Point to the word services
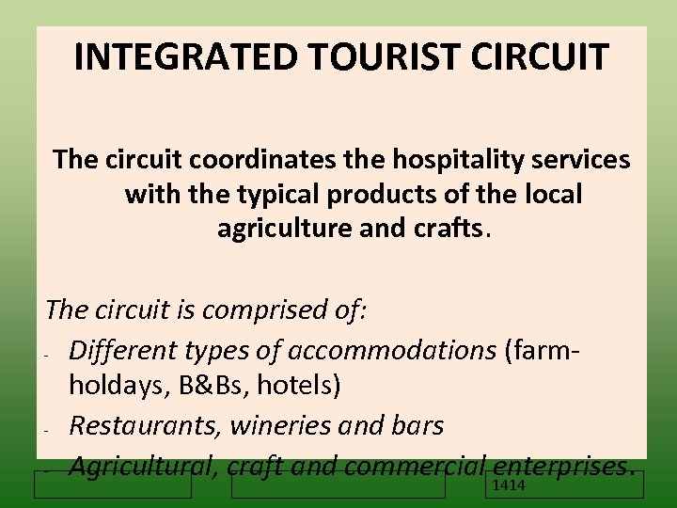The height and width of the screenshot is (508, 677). tap(579, 160)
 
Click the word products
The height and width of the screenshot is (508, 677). tap(376, 195)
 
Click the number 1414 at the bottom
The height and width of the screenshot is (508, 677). tap(509, 485)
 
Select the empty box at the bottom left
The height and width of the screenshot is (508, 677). tap(112, 484)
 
